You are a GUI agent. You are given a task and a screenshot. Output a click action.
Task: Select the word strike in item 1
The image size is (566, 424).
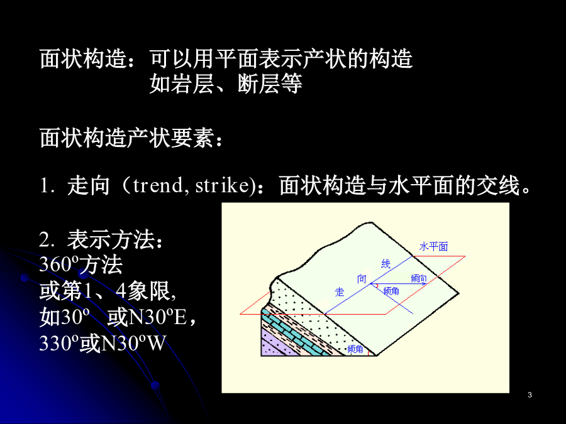(222, 185)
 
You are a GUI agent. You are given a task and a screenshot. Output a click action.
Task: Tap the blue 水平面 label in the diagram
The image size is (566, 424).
(433, 247)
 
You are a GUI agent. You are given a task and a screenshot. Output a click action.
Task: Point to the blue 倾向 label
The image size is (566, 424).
(419, 278)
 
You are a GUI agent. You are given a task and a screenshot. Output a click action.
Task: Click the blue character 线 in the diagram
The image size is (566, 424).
(386, 264)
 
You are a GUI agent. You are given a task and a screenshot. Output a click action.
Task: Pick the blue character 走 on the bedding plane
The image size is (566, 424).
(340, 291)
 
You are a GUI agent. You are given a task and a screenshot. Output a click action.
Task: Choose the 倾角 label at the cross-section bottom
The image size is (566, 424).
(355, 349)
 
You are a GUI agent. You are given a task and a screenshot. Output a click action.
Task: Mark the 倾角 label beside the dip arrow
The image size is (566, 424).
(391, 291)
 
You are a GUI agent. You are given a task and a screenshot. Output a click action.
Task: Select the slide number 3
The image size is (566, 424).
(530, 395)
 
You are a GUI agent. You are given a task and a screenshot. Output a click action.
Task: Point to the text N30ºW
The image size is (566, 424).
(133, 343)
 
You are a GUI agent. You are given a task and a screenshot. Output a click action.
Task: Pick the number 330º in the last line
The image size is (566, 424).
(59, 343)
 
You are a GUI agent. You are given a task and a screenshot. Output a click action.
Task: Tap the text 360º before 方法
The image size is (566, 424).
(59, 264)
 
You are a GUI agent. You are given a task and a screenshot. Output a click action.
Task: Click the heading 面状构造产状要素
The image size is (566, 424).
(126, 138)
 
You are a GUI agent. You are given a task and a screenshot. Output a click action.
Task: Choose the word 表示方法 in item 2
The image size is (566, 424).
(111, 240)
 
